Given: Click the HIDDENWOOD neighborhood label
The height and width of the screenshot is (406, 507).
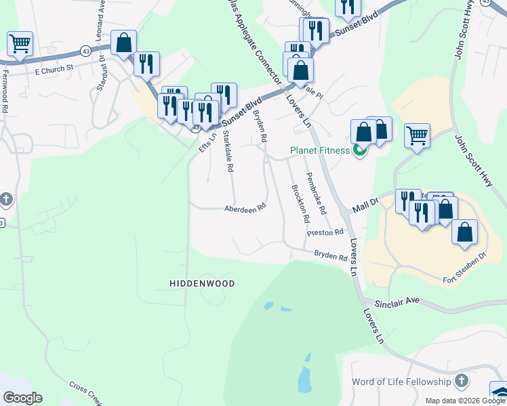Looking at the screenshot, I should click(x=203, y=284).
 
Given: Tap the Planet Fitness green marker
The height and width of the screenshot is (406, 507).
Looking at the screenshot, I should click(x=359, y=150).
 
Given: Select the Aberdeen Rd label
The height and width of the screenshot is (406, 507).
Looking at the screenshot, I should click(x=245, y=209).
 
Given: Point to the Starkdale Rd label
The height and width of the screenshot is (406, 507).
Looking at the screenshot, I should click(x=228, y=152).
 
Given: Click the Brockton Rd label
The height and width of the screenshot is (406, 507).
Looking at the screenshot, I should click(x=300, y=204).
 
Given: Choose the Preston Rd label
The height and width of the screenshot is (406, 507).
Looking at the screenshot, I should click(x=325, y=233).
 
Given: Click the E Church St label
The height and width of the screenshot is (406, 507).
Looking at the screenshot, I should click(x=50, y=68).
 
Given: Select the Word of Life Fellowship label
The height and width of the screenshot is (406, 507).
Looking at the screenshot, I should click(x=401, y=382).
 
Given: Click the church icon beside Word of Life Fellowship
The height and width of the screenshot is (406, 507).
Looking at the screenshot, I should click(x=462, y=380).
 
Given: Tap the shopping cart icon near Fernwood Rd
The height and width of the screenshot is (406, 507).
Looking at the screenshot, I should click(x=20, y=44).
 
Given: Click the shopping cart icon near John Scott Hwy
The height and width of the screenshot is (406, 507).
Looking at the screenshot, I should click(x=417, y=135).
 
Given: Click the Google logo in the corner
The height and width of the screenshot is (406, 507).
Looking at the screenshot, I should click(x=22, y=398).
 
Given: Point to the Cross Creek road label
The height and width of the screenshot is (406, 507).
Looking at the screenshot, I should click(x=85, y=392).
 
